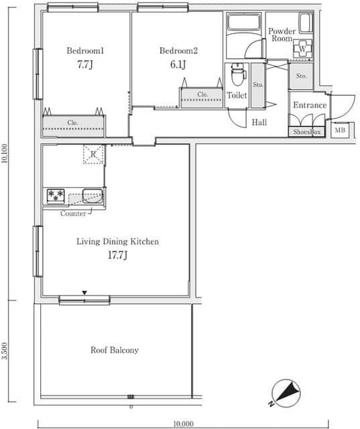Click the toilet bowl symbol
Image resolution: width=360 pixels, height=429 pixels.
(237, 74)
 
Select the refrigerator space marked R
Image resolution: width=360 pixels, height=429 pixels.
(93, 154)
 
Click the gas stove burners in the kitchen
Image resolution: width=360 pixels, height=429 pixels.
(56, 196)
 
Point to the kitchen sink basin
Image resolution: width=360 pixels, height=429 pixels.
(93, 196)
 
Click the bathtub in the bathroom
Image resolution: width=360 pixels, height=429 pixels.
(244, 22)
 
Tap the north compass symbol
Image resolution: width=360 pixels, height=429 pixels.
(285, 392)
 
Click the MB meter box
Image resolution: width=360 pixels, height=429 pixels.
(340, 130)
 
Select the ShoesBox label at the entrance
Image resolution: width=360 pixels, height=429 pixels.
(306, 132)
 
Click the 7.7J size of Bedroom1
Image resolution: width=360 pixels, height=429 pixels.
(85, 65)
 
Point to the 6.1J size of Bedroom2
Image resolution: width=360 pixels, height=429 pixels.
(178, 65)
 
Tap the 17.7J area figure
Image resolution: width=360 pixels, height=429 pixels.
(117, 255)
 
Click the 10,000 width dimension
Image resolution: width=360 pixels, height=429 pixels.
(183, 424)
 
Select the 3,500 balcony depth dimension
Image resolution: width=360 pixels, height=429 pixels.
(5, 351)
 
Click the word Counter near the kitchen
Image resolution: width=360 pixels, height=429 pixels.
(73, 213)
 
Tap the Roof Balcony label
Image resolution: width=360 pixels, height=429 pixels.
(115, 350)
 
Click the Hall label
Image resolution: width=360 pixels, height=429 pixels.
(259, 122)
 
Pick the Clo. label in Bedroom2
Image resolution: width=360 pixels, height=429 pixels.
(202, 95)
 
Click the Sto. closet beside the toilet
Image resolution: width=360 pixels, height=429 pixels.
(257, 85)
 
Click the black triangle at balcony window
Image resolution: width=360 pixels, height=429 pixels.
(84, 293)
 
